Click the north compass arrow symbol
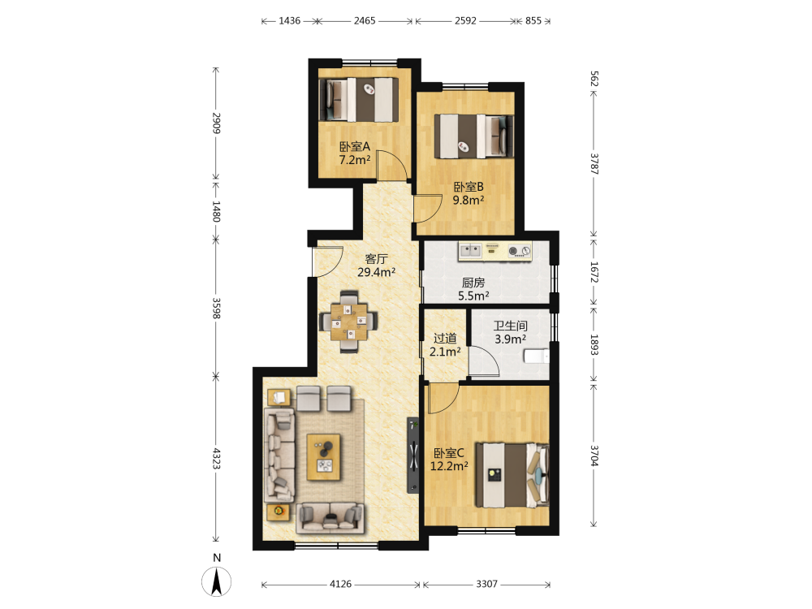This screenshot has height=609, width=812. point(217,581)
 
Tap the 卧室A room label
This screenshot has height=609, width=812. point(355,146)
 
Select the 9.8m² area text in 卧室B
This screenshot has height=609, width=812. point(469,200)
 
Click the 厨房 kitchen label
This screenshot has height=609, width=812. point(473,283)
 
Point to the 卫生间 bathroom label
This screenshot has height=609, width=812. point(510,326)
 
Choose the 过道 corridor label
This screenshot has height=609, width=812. point(445,338)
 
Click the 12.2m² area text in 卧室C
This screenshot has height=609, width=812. point(449,466)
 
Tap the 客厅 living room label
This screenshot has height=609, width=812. point(377,258)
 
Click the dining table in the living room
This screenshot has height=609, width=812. point(349,322)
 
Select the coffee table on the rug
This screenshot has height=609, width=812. point(324,457)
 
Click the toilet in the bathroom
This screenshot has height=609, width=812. point(536,356)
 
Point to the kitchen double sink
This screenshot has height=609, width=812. point(471,251)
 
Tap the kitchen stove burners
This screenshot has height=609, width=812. point(520,251)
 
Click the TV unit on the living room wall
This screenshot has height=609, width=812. point(412,456)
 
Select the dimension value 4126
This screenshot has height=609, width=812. point(340,584)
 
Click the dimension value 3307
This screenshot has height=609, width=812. point(486,584)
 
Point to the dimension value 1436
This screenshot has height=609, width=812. point(290,21)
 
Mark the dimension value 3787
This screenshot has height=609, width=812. point(594,164)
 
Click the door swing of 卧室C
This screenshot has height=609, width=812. point(444,398)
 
